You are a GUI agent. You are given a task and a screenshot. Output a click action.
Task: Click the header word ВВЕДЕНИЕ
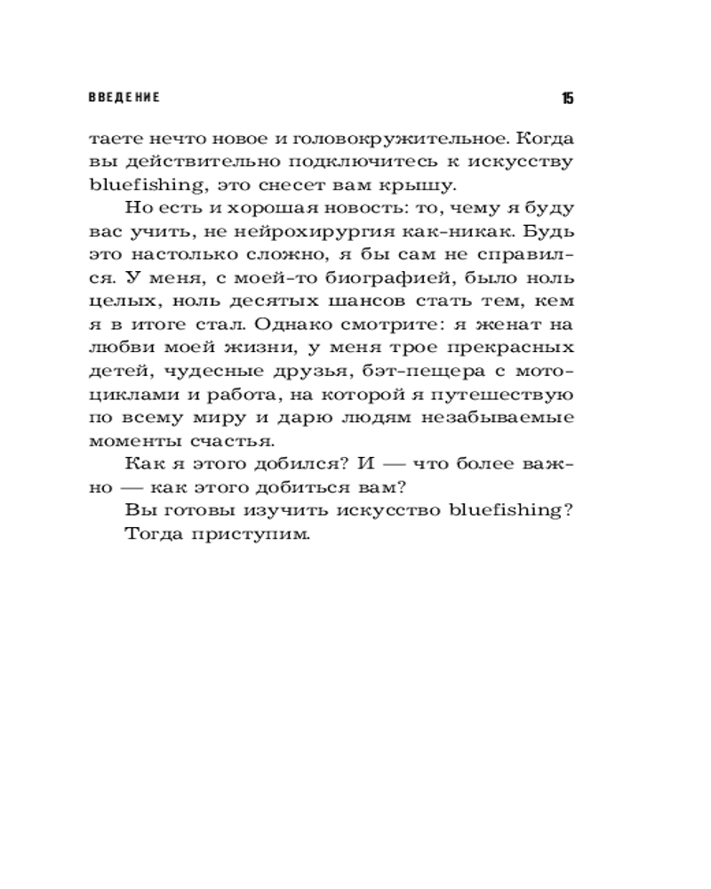(124, 98)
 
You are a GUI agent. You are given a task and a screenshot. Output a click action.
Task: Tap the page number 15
(567, 98)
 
